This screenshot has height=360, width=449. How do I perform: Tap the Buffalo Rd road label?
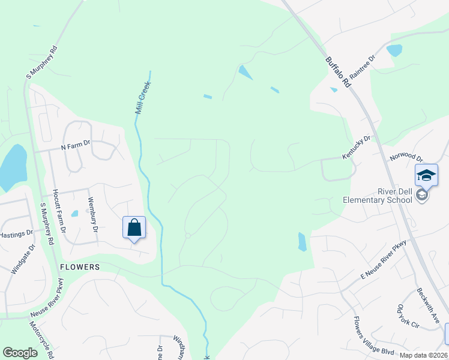[338, 73]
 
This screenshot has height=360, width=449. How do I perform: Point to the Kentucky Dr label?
[357, 147]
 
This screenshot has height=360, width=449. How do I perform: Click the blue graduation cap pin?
[426, 175]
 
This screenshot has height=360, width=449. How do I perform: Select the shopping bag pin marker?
[134, 227]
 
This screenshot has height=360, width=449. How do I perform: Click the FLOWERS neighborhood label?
[79, 266]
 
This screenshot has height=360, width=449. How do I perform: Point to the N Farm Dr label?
[75, 144]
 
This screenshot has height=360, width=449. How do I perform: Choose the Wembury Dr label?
[92, 215]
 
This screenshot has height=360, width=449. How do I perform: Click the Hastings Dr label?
[15, 235]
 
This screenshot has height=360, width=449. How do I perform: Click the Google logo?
[20, 353]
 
